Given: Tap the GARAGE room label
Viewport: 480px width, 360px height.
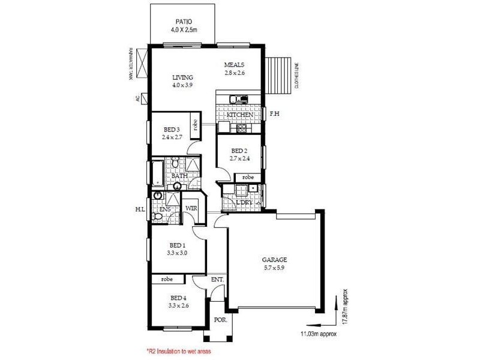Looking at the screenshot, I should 274,260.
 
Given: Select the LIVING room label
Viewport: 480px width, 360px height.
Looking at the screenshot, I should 182,77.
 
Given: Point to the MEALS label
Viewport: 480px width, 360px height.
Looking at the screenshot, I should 234,65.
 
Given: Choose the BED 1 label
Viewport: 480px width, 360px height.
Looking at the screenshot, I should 178,245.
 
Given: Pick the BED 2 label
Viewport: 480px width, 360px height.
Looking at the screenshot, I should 238,151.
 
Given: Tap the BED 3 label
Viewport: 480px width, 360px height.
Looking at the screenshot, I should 172,129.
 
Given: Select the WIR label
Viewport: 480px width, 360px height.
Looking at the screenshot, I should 191,208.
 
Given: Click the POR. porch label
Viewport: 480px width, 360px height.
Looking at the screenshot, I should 220,320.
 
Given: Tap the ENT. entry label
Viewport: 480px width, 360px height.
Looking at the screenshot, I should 217,280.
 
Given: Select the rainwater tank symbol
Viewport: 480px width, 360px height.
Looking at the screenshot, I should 142,62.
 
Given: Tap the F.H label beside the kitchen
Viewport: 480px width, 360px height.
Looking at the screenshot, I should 274,113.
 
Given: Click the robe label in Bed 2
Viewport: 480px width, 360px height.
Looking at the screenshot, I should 247,177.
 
